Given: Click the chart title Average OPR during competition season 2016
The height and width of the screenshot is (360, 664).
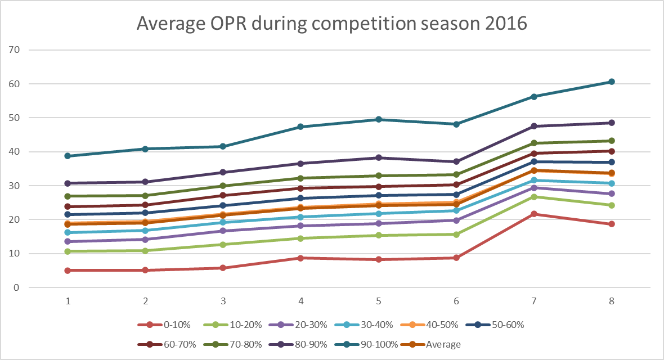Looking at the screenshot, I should pos(332,24).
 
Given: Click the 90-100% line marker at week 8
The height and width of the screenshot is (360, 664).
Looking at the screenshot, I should pos(612,82).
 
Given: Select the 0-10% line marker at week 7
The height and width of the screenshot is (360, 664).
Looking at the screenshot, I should pos(533,214).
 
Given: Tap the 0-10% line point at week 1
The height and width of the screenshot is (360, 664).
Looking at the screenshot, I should pos(68,271).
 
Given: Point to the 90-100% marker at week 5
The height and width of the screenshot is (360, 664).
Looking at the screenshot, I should pos(379,119).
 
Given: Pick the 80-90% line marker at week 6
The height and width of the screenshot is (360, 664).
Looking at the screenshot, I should pos(456,161).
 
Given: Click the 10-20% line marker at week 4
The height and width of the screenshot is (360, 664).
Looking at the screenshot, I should pos(301,238).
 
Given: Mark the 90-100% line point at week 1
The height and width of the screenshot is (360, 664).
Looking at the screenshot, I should pos(68,156).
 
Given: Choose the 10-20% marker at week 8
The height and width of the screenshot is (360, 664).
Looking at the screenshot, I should pos(612,205).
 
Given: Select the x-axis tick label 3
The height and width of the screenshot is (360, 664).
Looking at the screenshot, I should pos(223,301).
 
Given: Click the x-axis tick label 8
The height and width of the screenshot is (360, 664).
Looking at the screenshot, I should pos(612,301).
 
